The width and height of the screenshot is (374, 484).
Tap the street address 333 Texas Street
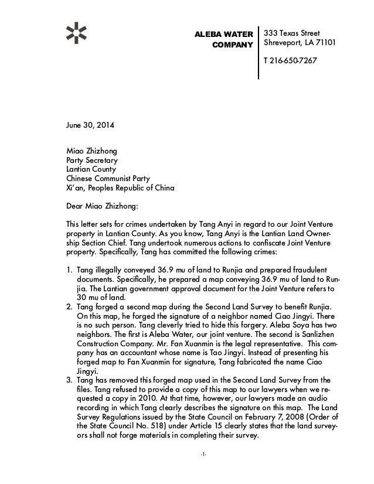[292, 32]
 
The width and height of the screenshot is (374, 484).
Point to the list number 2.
[68, 307]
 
